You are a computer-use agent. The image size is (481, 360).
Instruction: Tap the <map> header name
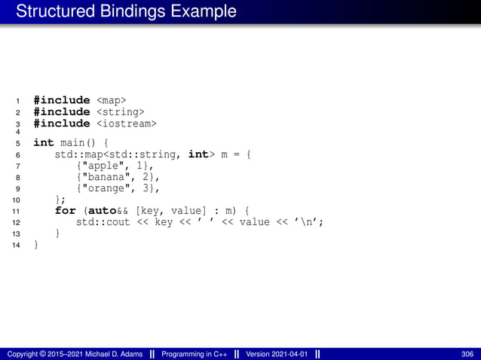click(x=112, y=99)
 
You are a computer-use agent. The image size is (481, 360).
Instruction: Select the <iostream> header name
click(x=127, y=123)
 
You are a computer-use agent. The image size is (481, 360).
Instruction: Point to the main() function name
click(x=78, y=143)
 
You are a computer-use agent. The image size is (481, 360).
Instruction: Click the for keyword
click(x=66, y=211)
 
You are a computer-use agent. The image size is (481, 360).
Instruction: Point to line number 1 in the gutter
click(x=17, y=100)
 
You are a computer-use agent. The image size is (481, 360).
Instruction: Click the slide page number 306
click(x=467, y=354)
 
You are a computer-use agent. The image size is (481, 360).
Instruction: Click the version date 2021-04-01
click(x=292, y=354)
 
